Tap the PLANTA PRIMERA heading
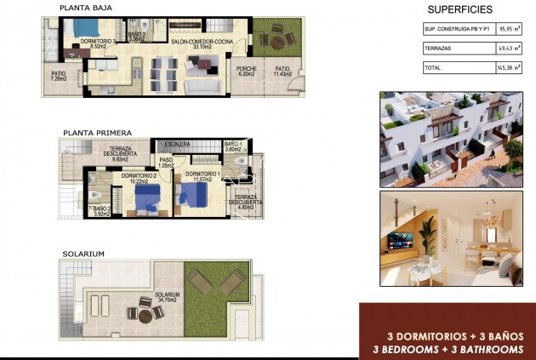[x=96, y=134]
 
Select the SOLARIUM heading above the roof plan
[x=83, y=254]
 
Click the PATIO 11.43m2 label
[x=282, y=72]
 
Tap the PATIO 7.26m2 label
[x=59, y=76]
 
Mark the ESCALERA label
[x=177, y=145]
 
